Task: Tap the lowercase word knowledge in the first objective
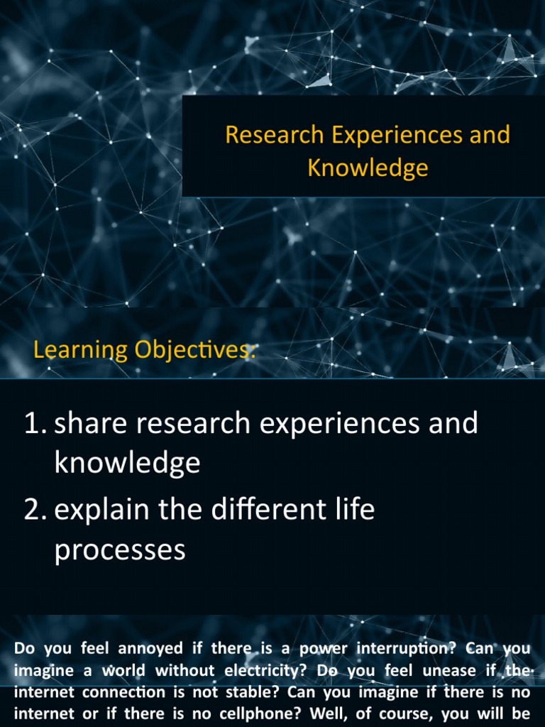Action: (127, 464)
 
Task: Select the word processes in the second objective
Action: (120, 550)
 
